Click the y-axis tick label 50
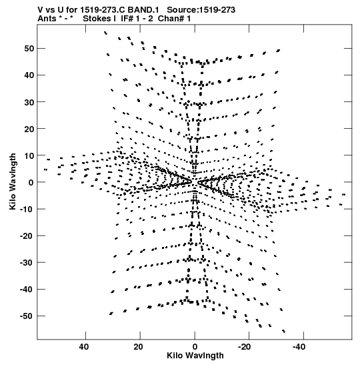pyautogui.click(x=29, y=49)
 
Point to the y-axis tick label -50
pyautogui.click(x=27, y=316)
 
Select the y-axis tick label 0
pyautogui.click(x=31, y=182)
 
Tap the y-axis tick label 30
pyautogui.click(x=29, y=102)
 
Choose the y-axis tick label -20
pyautogui.click(x=27, y=236)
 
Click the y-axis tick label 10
pyautogui.click(x=29, y=155)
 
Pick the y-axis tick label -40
pyautogui.click(x=27, y=290)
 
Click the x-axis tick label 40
pyautogui.click(x=84, y=347)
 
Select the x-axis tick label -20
pyautogui.click(x=245, y=347)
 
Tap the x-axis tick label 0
pyautogui.click(x=195, y=347)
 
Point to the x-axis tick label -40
pyautogui.click(x=299, y=347)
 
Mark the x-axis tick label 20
pyautogui.click(x=138, y=347)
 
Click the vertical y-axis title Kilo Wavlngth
pyautogui.click(x=13, y=181)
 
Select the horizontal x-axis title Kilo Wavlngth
pyautogui.click(x=195, y=356)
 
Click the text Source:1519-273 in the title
pyautogui.click(x=201, y=10)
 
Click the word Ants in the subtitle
pyautogui.click(x=47, y=19)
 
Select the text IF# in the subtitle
pyautogui.click(x=127, y=19)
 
